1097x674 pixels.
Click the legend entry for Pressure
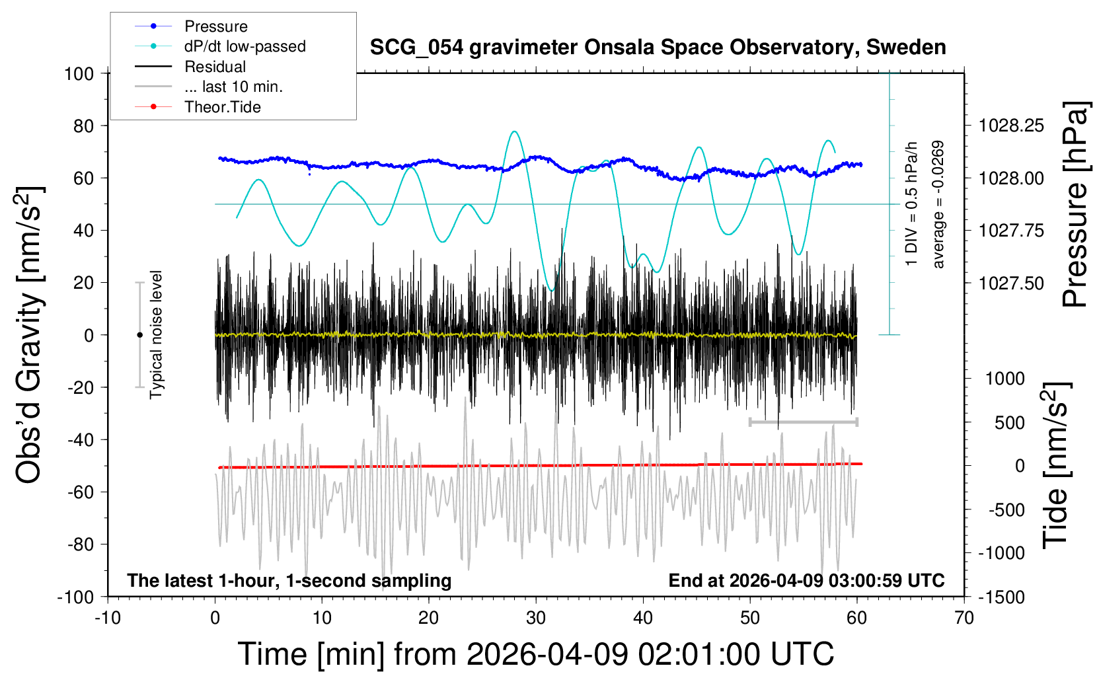pos(215,26)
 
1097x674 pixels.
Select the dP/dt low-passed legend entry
pos(245,46)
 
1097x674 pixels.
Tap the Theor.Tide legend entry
pos(222,107)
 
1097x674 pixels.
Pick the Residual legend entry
pos(215,67)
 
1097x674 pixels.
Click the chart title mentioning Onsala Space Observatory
pos(658,48)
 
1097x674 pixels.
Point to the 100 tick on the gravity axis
pos(79,73)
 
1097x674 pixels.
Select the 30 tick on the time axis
pos(536,618)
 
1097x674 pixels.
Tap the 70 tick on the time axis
pos(964,618)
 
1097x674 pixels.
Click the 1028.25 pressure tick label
pos(1011,126)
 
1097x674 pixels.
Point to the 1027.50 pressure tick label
pos(1011,283)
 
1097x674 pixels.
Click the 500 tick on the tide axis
pos(1010,423)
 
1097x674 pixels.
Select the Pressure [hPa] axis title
pos(1075,205)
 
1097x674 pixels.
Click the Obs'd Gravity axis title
pos(30,335)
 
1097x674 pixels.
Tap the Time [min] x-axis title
pos(535,654)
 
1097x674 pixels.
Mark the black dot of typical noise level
pos(139,335)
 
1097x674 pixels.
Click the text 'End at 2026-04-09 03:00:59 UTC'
pos(806,581)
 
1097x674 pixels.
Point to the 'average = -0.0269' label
pos(938,205)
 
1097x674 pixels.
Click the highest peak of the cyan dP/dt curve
pos(515,131)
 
